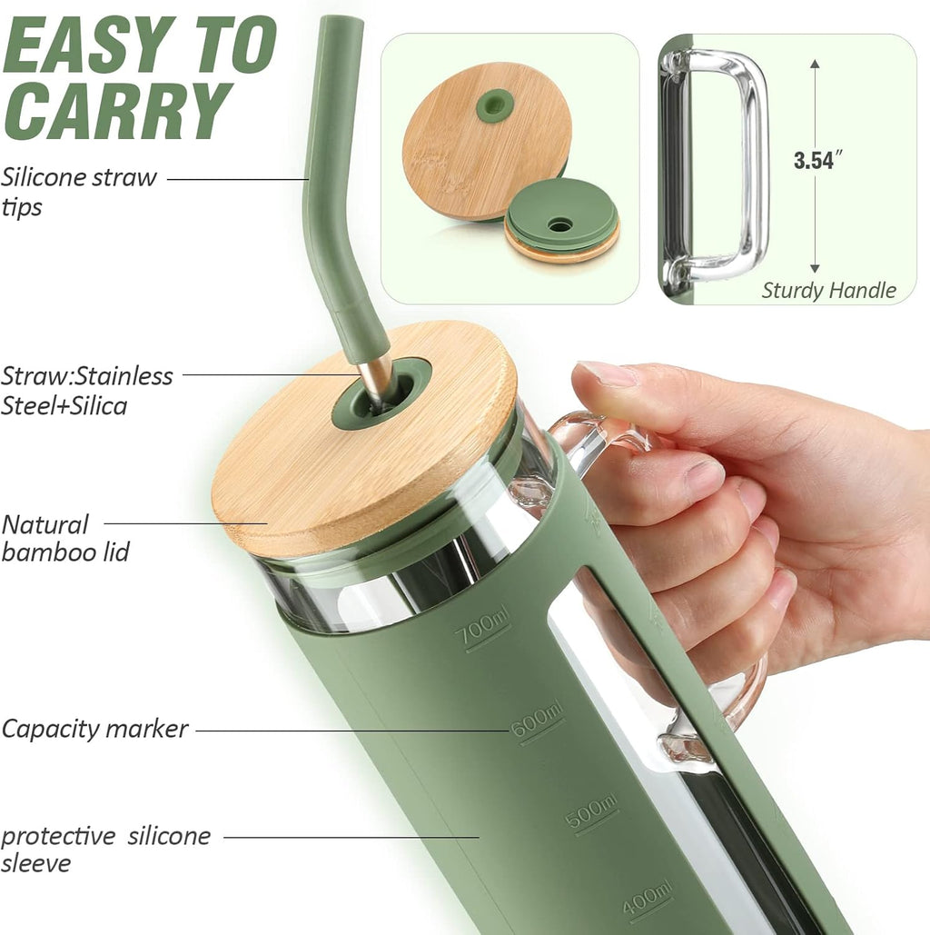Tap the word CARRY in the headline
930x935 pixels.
(x=117, y=110)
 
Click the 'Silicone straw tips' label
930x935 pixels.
(x=78, y=192)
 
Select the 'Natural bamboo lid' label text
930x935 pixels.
(x=64, y=539)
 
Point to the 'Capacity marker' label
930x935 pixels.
(x=94, y=729)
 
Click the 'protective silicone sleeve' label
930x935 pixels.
(x=105, y=849)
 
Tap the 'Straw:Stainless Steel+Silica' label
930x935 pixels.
(x=86, y=391)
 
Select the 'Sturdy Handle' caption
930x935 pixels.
(x=828, y=291)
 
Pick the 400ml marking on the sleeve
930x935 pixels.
(x=647, y=900)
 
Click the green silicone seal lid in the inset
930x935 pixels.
(x=560, y=220)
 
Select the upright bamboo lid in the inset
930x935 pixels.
(x=483, y=141)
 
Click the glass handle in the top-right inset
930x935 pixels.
(x=713, y=167)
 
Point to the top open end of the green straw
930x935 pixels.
(x=341, y=22)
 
